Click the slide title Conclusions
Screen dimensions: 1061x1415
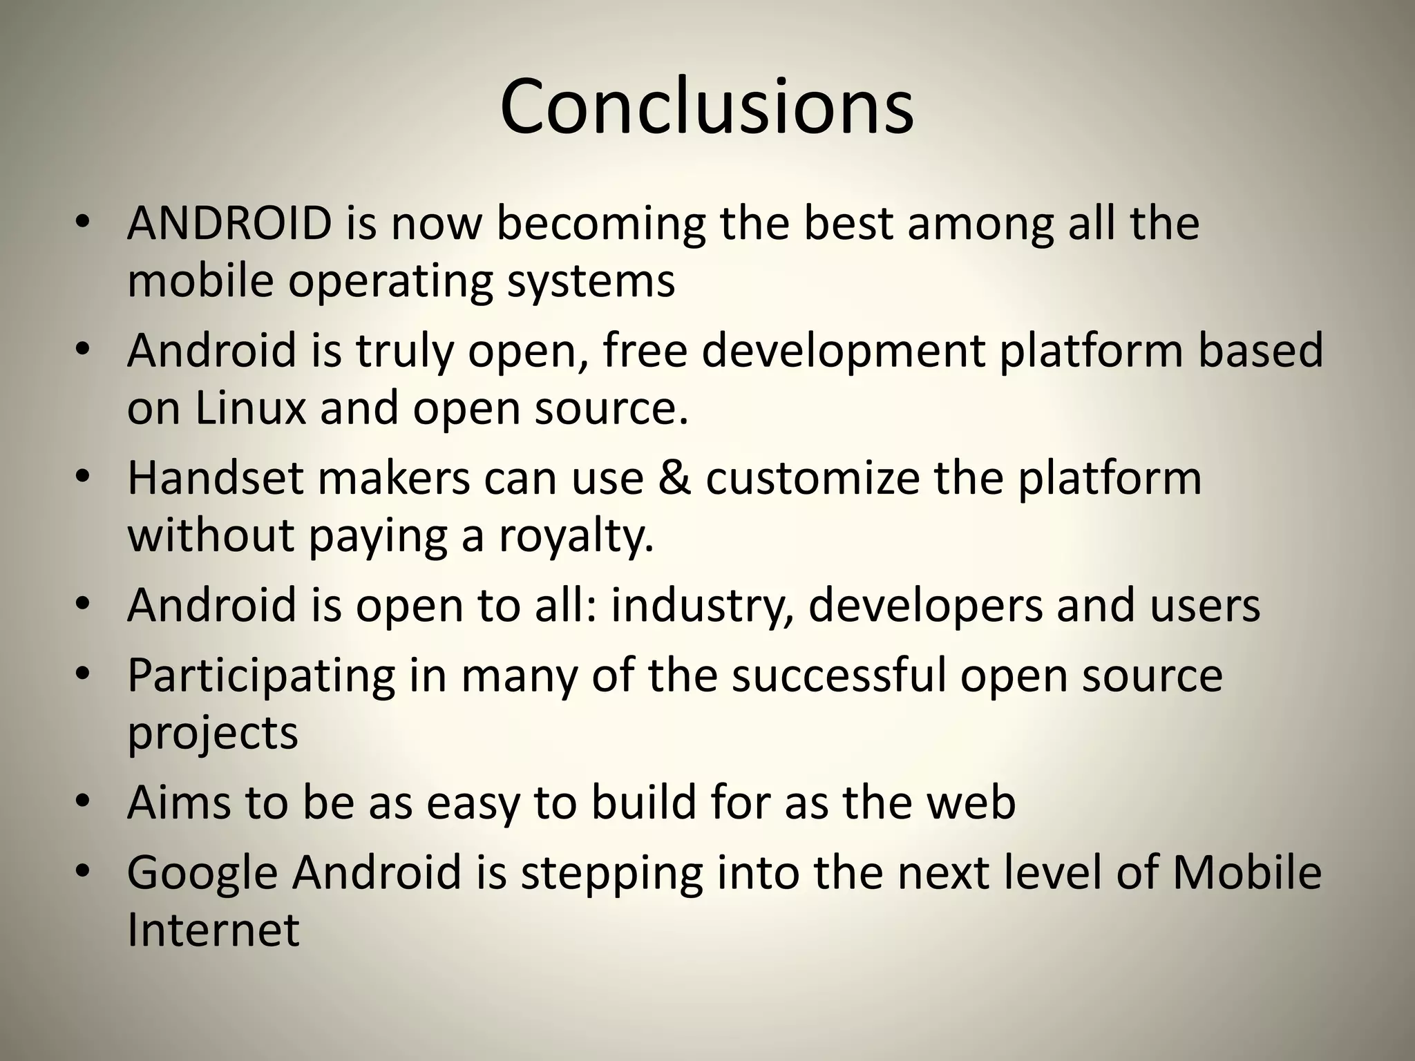[x=707, y=107]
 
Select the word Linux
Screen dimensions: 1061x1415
[x=250, y=408]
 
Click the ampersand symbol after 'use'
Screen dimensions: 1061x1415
[x=674, y=477]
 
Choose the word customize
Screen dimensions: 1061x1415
[x=812, y=477]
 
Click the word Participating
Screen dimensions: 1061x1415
[x=260, y=676]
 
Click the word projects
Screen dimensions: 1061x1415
[x=212, y=734]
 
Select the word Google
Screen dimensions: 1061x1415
[x=202, y=872]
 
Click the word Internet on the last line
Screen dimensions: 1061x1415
[x=213, y=929]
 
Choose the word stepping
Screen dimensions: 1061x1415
[x=611, y=872]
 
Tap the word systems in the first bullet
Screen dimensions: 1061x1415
[x=591, y=281]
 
